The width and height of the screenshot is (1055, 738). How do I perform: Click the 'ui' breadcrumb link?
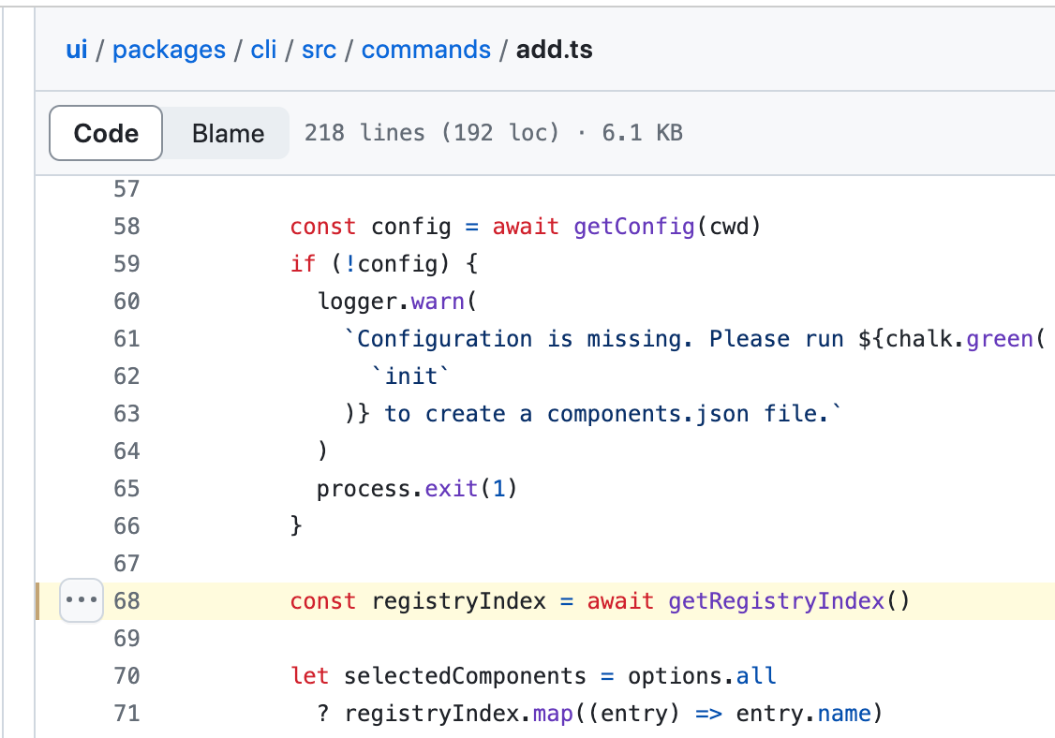click(x=77, y=50)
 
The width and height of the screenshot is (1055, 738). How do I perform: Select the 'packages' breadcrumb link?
click(x=169, y=50)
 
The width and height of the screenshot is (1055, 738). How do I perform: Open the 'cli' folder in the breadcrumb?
click(x=263, y=50)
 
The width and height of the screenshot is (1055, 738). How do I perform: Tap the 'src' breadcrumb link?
click(x=319, y=50)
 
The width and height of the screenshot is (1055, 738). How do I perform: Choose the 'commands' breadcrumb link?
click(x=425, y=50)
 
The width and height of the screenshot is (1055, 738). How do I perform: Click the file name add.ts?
click(x=555, y=50)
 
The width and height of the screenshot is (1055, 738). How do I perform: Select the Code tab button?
click(x=106, y=133)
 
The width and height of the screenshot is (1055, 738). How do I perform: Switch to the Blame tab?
click(x=228, y=133)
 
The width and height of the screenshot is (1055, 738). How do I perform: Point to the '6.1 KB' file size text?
click(x=642, y=133)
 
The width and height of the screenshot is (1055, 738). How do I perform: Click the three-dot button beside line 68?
click(x=82, y=600)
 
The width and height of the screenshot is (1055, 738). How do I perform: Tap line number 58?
click(x=126, y=227)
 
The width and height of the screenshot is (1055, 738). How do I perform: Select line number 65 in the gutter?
click(x=126, y=489)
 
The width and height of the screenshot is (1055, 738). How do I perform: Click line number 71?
click(x=126, y=714)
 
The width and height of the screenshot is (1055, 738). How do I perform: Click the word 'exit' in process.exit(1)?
click(x=453, y=489)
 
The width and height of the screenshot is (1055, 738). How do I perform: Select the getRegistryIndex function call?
click(x=776, y=601)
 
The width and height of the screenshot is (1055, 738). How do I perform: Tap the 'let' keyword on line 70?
click(x=310, y=676)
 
